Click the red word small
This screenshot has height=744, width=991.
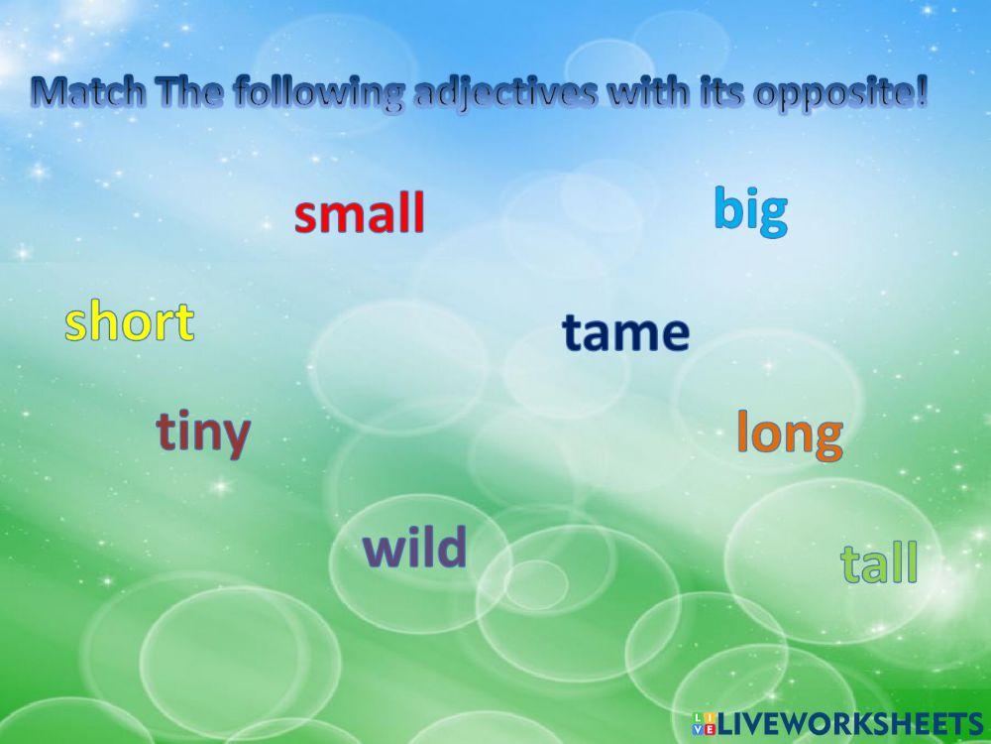(x=360, y=213)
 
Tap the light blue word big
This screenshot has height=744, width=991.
(x=750, y=210)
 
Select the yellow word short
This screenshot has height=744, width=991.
(x=129, y=322)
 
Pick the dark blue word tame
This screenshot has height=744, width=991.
(x=625, y=332)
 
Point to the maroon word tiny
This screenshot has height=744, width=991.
(x=202, y=434)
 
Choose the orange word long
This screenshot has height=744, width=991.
(x=789, y=434)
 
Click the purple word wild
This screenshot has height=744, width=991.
(x=414, y=548)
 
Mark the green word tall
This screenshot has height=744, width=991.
(x=879, y=563)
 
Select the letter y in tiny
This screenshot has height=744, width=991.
(x=234, y=439)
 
